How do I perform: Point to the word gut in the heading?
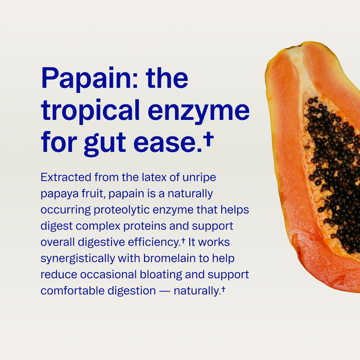pos(105,143)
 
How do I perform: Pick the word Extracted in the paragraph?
pos(66,177)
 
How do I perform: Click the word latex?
pos(154,177)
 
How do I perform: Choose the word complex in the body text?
pos(98,226)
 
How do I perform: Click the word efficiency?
pos(154,242)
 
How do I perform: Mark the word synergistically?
pos(78,259)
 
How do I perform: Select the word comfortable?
pos(73,291)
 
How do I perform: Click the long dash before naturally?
pos(165,291)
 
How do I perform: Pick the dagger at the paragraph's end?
pos(223,289)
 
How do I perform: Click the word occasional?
pos(109,275)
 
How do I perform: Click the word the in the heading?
pos(167,78)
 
